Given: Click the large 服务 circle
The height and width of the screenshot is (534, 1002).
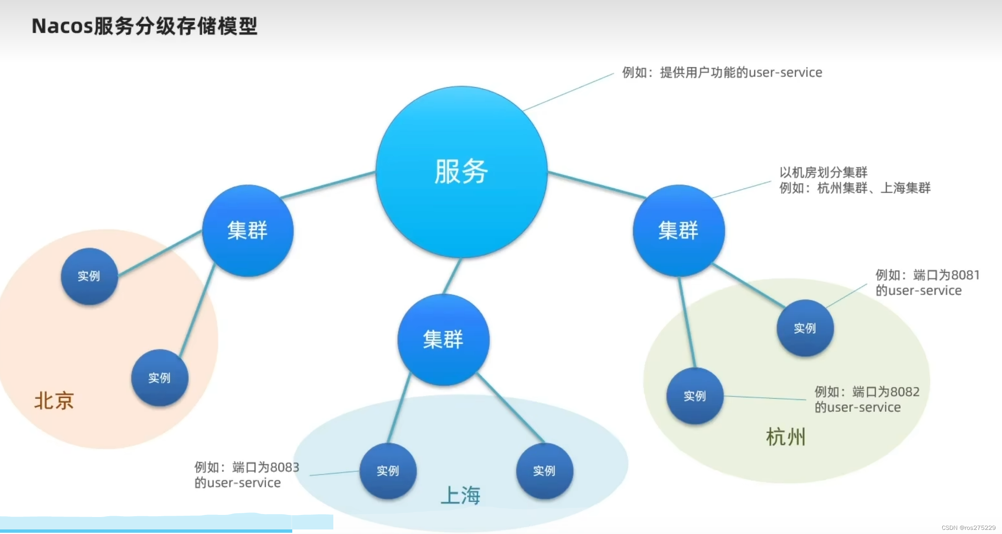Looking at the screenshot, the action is tap(461, 171).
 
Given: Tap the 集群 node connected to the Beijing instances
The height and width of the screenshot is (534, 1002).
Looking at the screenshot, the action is tap(248, 230).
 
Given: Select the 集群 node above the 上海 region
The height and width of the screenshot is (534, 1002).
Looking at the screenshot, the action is tap(443, 340).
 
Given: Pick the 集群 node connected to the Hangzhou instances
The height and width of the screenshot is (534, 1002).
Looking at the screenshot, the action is tap(679, 230).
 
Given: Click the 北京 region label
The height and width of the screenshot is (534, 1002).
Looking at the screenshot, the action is tap(54, 401).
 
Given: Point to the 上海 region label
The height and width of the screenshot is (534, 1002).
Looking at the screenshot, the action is tap(460, 495).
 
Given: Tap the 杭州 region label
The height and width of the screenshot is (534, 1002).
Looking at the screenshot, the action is tap(785, 437).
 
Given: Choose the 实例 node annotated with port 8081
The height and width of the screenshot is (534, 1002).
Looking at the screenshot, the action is tap(805, 328).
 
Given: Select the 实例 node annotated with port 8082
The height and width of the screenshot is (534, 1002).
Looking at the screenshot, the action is tap(695, 396).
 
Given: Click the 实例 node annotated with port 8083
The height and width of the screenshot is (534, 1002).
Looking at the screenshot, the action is tap(388, 470).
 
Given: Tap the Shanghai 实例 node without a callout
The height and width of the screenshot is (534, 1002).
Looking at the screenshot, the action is tap(544, 470).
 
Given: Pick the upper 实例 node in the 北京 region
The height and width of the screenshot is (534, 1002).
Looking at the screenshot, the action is tap(89, 276).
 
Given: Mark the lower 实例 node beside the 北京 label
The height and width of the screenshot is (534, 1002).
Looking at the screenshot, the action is tap(159, 377).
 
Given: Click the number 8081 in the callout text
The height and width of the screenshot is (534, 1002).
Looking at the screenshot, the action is tap(965, 275).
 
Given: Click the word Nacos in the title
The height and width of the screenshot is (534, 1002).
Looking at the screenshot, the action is tap(62, 26).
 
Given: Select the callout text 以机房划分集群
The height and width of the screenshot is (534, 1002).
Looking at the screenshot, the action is tap(823, 172).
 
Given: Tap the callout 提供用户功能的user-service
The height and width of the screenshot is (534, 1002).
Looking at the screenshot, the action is tap(741, 73).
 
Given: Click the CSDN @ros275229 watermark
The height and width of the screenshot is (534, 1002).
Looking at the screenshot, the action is tap(968, 528).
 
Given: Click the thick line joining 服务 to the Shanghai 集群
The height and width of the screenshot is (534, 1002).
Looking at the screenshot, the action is tap(452, 276).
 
